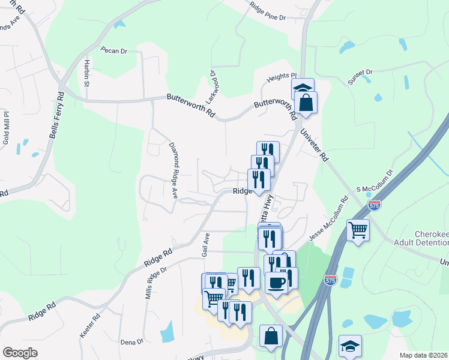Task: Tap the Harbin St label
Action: pos(86,73)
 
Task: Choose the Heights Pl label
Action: pos(282,76)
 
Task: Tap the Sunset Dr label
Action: pos(360,76)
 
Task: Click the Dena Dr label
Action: pos(131,342)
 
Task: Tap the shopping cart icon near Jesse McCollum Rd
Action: pos(358,229)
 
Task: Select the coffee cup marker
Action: pos(276,281)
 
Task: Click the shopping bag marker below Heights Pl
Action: pos(306,102)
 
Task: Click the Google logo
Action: pos(20,353)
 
